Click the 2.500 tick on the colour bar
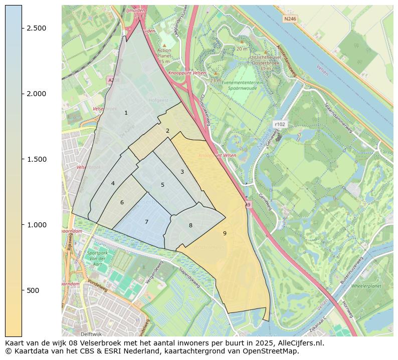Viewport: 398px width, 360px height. click(37, 28)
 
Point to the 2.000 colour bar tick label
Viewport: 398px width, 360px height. click(37, 94)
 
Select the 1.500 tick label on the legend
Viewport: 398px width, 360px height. click(37, 159)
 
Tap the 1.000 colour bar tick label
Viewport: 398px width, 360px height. click(37, 225)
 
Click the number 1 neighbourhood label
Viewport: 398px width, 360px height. click(126, 113)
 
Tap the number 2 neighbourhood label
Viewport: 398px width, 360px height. click(167, 131)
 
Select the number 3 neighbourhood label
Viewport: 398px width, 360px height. click(182, 172)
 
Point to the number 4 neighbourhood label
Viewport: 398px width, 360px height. click(113, 183)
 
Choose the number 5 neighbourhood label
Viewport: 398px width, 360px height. click(162, 185)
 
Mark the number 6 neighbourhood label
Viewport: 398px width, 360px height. click(122, 202)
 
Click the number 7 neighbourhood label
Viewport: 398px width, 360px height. click(146, 222)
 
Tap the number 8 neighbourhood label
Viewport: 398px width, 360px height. click(190, 225)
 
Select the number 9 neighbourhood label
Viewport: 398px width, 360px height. click(225, 233)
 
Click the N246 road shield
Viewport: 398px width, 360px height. click(290, 19)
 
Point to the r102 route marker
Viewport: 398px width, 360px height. click(279, 124)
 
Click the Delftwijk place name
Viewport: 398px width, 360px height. click(91, 333)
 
